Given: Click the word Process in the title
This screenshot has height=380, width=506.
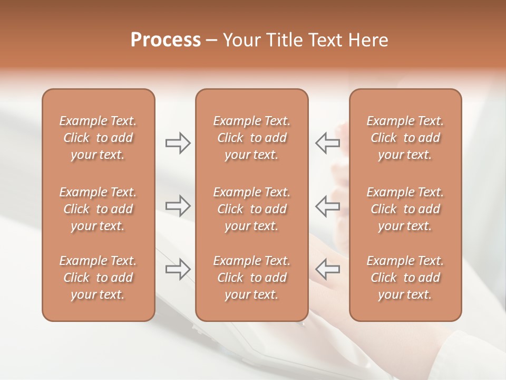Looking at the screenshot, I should pos(166,40).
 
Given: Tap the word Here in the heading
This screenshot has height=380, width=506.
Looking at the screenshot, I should pos(368,40).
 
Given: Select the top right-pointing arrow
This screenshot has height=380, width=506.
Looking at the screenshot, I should pos(178,142).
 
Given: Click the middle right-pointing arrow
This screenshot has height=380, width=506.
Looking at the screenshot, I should pos(178,205).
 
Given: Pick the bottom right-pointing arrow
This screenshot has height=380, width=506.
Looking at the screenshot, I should pos(178,269).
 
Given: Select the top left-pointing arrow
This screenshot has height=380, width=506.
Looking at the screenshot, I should pos(328,142).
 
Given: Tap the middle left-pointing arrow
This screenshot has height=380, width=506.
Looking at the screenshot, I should pos(328,205).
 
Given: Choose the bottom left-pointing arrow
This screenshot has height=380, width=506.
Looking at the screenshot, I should pos(328,269).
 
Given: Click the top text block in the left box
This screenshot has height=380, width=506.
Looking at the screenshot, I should pos(98,138).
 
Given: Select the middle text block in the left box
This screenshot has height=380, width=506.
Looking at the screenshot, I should pos(98,209).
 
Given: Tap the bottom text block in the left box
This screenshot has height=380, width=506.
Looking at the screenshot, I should pos(98,278).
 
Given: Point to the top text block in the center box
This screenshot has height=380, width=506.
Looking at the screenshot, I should pos(252,138).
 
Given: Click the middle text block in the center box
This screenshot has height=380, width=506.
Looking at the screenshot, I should pos(252,209).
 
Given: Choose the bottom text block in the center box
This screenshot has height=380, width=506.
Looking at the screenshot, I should pos(252,278).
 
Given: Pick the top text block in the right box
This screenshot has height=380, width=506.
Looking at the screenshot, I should pos(405,138).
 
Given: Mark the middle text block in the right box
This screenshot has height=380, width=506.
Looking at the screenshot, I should pos(405,209).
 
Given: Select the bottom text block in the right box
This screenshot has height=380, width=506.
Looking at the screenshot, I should pos(405,278).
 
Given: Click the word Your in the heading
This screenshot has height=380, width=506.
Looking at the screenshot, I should pos(242,40).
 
